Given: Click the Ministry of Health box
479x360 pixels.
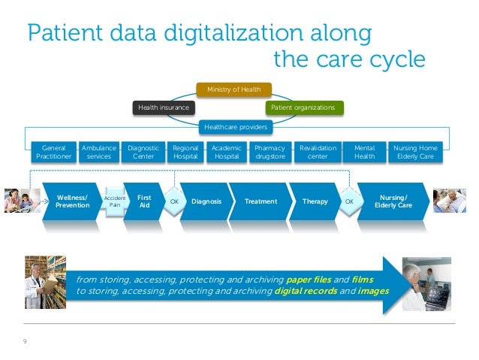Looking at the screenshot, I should point(233,89).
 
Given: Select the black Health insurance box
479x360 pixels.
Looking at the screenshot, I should point(162,108).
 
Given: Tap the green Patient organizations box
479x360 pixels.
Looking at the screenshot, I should point(303,108).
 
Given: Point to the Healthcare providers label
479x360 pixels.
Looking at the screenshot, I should point(233,127).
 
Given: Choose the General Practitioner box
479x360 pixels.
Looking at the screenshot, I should point(53,153).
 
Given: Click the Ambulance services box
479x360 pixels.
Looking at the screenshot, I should point(98,153).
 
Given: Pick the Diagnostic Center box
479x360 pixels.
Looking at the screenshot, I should point(143,153).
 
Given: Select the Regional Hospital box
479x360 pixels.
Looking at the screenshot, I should point(185,153).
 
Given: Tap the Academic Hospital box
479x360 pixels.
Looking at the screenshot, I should point(226,153).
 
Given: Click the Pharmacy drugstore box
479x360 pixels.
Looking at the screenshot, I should point(270,153).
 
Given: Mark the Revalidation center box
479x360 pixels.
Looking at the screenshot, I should point(318,153).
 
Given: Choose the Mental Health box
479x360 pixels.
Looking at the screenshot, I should point(364,153).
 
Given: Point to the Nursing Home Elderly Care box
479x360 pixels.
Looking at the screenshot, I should point(415,153).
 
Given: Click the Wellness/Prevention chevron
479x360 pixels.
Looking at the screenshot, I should point(72,201).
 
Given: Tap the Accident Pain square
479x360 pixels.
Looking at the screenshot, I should point(115,201).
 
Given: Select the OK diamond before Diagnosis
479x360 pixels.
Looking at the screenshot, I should point(173,202).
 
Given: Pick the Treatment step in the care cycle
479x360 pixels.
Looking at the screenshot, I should point(261,201).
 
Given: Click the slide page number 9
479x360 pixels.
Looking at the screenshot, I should point(26,342).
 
